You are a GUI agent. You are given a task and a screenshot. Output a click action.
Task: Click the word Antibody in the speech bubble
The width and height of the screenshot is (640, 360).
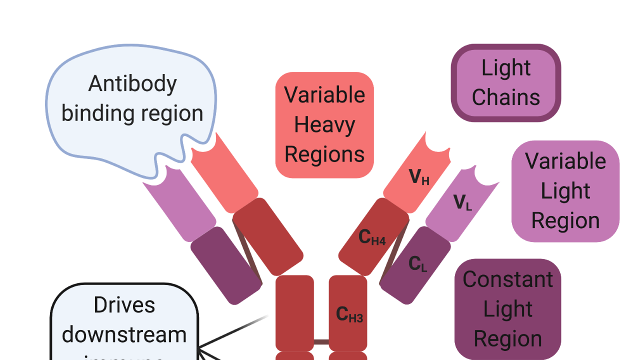[132, 84]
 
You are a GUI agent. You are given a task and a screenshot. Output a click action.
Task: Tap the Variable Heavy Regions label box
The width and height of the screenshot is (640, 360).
[324, 125]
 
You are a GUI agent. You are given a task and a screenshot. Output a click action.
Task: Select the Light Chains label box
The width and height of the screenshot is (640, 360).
[506, 83]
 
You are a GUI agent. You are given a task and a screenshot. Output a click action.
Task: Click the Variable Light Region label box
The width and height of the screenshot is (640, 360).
[565, 191]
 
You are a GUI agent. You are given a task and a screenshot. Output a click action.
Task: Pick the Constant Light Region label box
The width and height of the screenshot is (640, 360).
[508, 309]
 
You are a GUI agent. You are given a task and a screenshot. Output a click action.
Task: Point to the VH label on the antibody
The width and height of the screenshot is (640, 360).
[419, 177]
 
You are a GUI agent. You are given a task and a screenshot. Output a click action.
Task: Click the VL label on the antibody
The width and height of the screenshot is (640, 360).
[462, 202]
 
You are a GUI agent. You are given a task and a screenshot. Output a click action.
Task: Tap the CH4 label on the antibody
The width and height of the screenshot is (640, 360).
[372, 237]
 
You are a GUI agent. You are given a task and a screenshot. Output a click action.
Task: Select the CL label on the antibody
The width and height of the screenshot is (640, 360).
[417, 263]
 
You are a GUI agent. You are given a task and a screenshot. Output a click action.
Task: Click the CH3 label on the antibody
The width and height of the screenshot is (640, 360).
[349, 314]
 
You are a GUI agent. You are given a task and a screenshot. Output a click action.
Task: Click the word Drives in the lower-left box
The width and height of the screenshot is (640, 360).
[124, 305]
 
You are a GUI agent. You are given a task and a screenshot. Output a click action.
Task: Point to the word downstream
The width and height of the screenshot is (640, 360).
[124, 334]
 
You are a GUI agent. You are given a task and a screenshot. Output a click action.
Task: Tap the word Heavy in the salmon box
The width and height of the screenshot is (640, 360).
[324, 125]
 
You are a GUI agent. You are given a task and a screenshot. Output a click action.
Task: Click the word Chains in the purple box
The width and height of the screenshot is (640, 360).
[506, 97]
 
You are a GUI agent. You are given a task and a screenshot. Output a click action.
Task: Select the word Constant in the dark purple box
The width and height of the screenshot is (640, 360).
[508, 279]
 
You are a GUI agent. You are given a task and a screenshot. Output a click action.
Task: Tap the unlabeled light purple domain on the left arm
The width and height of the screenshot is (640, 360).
[179, 205]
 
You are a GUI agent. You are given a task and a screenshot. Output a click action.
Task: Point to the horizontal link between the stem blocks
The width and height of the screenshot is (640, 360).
[321, 342]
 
